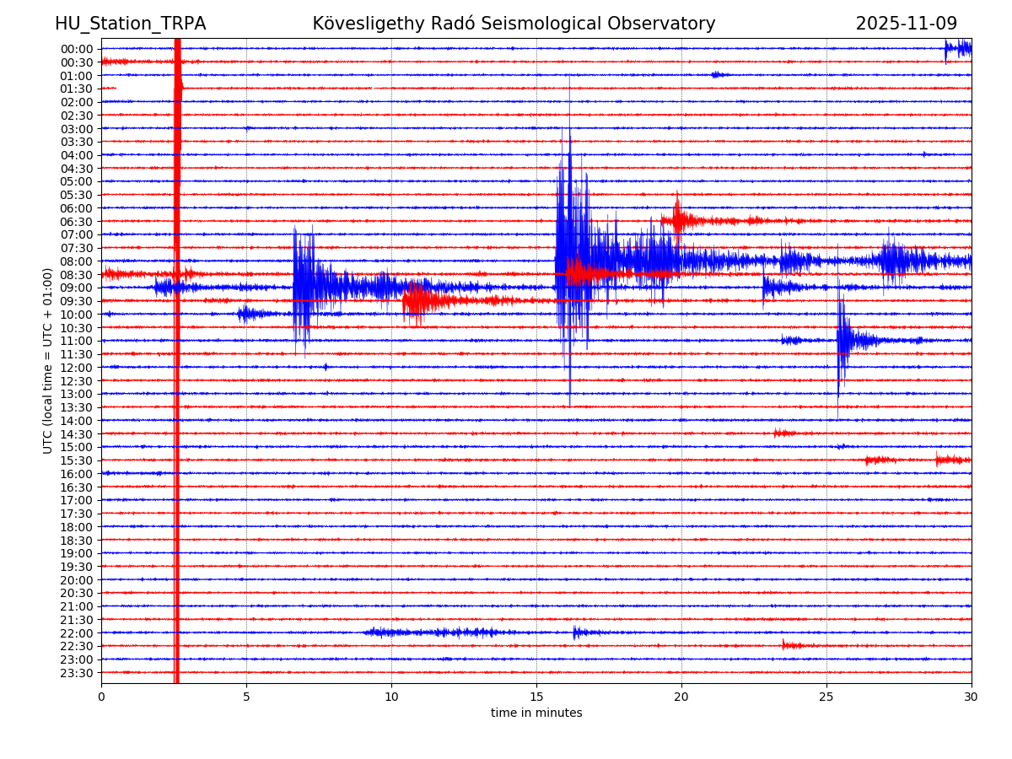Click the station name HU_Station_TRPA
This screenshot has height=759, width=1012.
tap(130, 24)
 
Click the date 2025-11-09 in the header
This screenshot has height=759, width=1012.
tap(906, 24)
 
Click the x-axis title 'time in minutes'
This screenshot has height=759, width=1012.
tap(536, 713)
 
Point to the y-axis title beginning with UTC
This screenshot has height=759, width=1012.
tap(48, 360)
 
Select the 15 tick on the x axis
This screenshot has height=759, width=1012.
tap(536, 697)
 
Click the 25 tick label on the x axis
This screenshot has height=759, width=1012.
tap(826, 697)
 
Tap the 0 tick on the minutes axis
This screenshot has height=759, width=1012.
tap(101, 697)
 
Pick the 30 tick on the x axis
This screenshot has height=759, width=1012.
tap(972, 697)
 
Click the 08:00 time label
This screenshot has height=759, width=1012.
tap(77, 261)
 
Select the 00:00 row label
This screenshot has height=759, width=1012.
tap(77, 49)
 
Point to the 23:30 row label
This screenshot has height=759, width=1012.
tap(77, 673)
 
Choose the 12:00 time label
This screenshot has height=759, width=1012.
tap(77, 368)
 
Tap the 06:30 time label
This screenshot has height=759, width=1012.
tap(77, 222)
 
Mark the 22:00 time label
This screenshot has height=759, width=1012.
tap(77, 633)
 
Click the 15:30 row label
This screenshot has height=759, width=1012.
tap(77, 460)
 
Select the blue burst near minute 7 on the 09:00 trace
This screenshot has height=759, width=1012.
tap(304, 287)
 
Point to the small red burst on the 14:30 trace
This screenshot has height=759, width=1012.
tap(783, 433)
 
